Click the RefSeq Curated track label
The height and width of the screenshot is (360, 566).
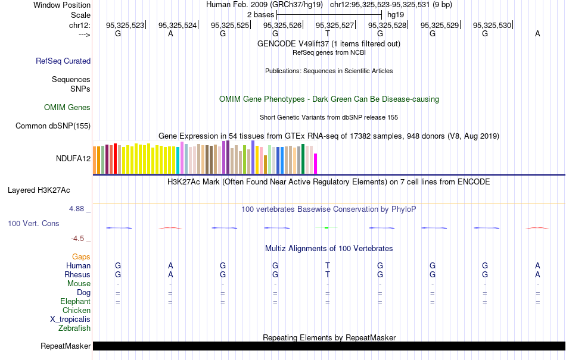coord(63,61)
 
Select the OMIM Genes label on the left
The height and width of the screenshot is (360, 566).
coord(67,108)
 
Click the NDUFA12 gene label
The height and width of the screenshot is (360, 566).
coord(73,158)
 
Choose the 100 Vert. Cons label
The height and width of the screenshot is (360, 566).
coord(33,223)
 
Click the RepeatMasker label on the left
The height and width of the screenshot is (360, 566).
coord(66,346)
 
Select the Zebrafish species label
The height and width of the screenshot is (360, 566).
coord(74,328)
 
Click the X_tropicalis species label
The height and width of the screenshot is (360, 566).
coord(70,319)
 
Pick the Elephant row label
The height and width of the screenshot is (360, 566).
coord(75,302)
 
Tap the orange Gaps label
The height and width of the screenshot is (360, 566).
coord(81,256)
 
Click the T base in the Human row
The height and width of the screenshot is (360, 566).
coord(328,265)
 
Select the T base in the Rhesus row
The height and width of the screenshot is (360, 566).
coord(328,274)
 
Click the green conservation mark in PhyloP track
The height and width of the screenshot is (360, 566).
coord(327,227)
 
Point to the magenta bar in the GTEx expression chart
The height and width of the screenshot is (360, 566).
coord(316,163)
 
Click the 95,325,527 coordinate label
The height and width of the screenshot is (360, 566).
coord(335,26)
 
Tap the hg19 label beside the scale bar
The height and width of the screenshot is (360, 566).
coord(396,14)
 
